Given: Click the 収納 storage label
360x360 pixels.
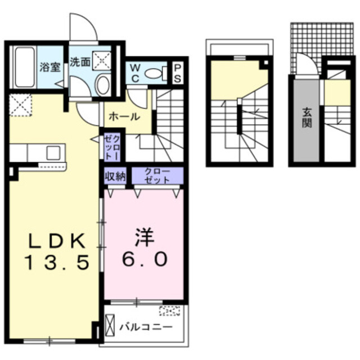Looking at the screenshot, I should point(115,175).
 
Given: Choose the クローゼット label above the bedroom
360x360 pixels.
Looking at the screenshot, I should point(157,175).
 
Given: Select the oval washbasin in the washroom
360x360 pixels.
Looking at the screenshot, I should point(102,85).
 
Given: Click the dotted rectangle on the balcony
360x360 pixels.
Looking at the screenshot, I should point(169,310).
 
